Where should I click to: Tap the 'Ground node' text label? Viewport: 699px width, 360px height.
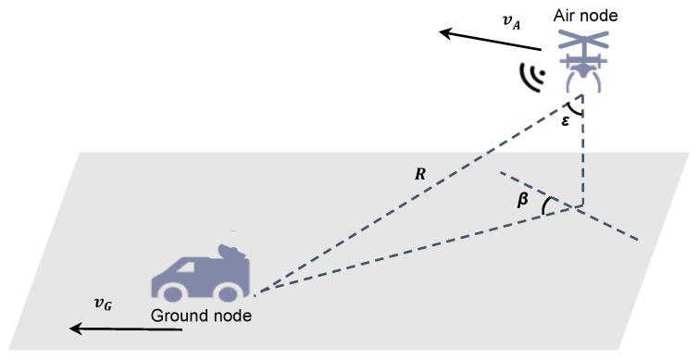point(201,316)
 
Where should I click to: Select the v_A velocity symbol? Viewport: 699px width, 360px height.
point(510,22)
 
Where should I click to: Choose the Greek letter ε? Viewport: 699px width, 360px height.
point(566,121)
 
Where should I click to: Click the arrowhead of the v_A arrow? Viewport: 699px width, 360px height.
point(446,33)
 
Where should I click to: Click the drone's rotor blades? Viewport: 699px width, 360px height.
point(584,41)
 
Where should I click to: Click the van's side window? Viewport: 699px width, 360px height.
point(176,267)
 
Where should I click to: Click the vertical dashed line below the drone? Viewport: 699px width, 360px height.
point(582,157)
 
